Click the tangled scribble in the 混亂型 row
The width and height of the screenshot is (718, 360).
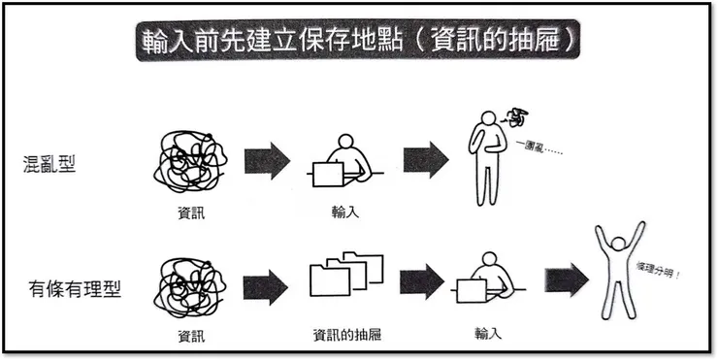pos(190,161)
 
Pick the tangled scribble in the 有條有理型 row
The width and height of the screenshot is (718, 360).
pos(190,287)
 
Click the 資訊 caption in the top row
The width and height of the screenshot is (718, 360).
pos(191,213)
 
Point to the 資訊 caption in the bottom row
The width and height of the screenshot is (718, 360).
pos(191,337)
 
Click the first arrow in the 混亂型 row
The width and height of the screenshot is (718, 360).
pos(267,160)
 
